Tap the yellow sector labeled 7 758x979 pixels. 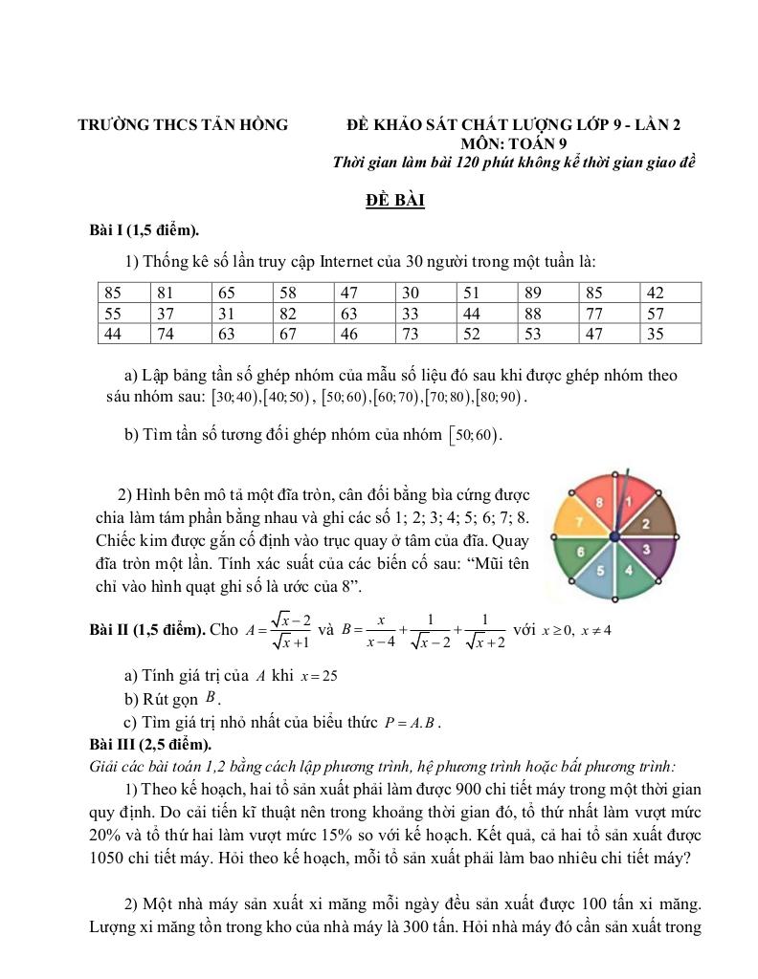pyautogui.click(x=578, y=520)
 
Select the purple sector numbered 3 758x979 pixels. pyautogui.click(x=646, y=549)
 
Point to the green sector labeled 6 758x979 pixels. pyautogui.click(x=580, y=551)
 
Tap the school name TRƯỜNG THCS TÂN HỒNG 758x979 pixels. pyautogui.click(x=183, y=124)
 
